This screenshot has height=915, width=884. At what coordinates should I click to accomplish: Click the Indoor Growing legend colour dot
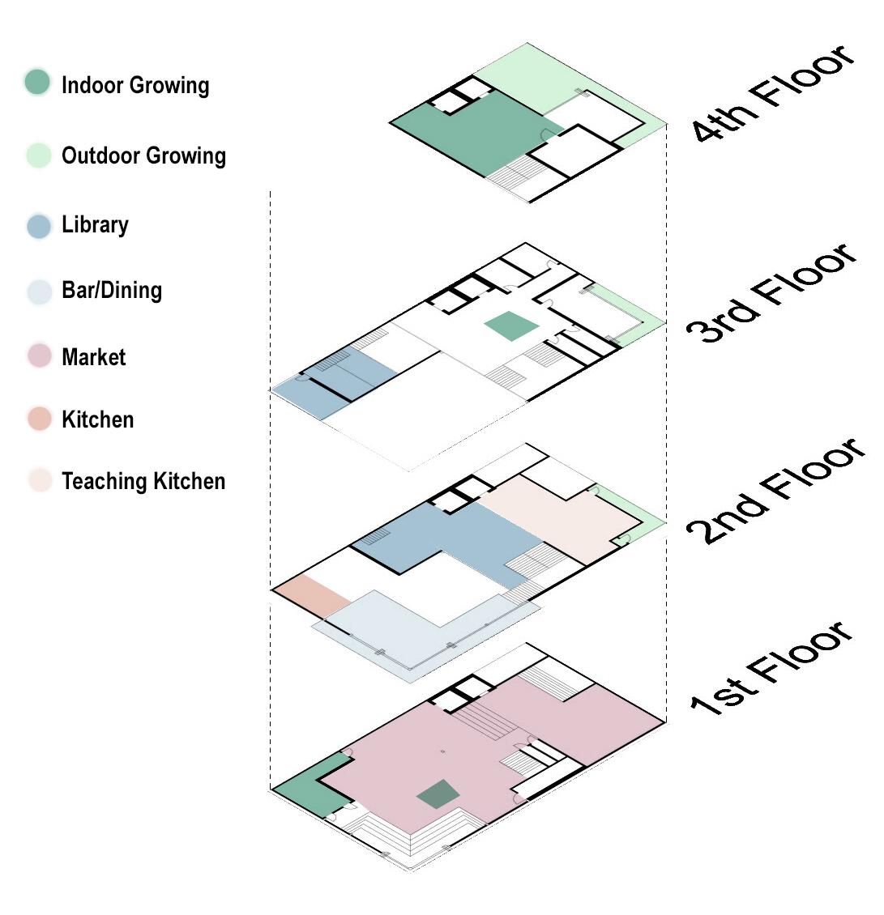[37, 83]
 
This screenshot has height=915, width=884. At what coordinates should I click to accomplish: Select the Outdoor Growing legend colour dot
[38, 155]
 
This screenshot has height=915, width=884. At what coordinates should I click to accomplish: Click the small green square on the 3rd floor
[511, 326]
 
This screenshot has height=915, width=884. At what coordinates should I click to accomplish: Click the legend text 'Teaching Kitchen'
[143, 481]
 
